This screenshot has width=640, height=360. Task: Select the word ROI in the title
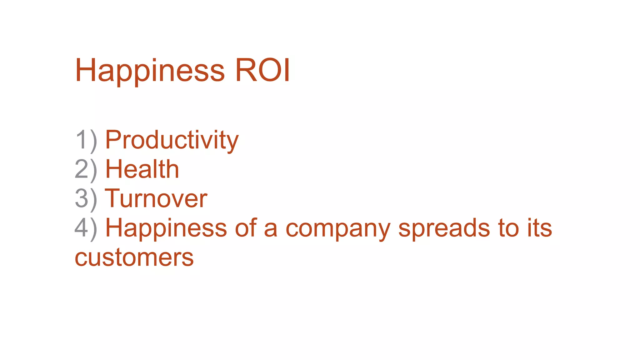click(262, 71)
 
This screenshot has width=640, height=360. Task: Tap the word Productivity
click(172, 140)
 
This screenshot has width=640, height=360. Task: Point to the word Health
click(142, 169)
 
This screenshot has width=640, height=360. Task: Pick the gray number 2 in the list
click(81, 169)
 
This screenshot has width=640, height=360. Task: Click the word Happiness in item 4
click(166, 228)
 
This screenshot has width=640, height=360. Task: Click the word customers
click(134, 258)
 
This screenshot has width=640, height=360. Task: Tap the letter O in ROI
click(269, 71)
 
